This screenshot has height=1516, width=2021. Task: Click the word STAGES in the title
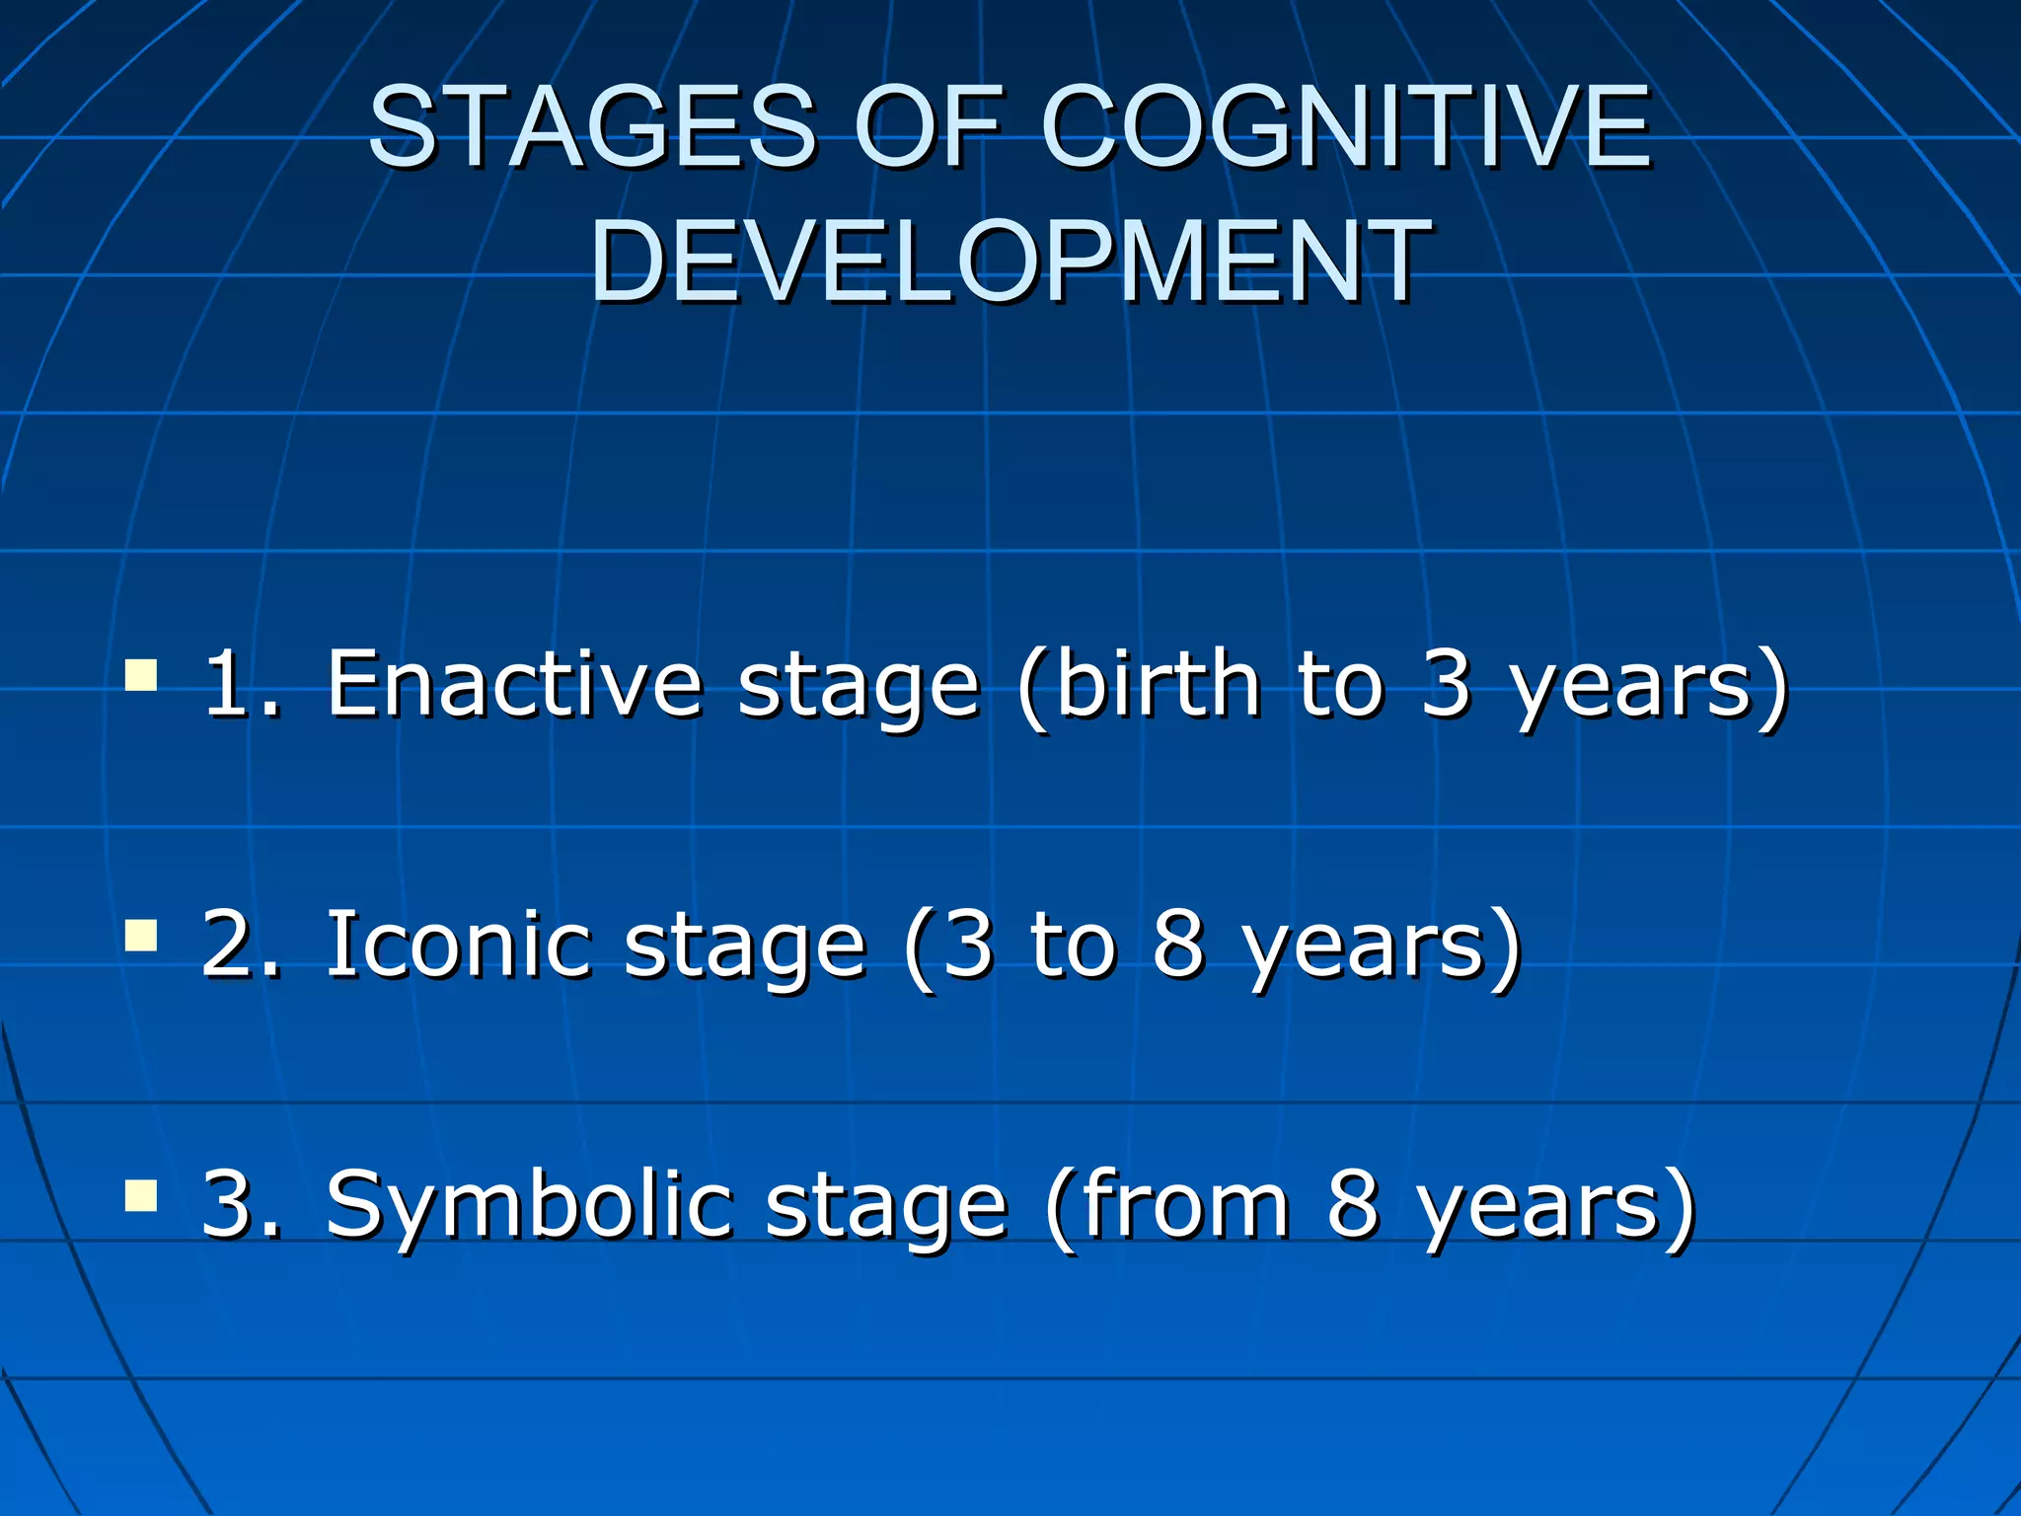[592, 126]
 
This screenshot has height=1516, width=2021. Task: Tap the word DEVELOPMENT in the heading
[1010, 263]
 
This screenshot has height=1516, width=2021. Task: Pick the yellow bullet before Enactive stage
[141, 676]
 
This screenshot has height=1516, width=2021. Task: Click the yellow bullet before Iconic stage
[141, 935]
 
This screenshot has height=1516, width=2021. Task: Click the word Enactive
[514, 683]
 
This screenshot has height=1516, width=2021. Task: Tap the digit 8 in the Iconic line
[1178, 944]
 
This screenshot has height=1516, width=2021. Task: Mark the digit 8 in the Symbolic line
[1351, 1204]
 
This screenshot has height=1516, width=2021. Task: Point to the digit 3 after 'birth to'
[1447, 683]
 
